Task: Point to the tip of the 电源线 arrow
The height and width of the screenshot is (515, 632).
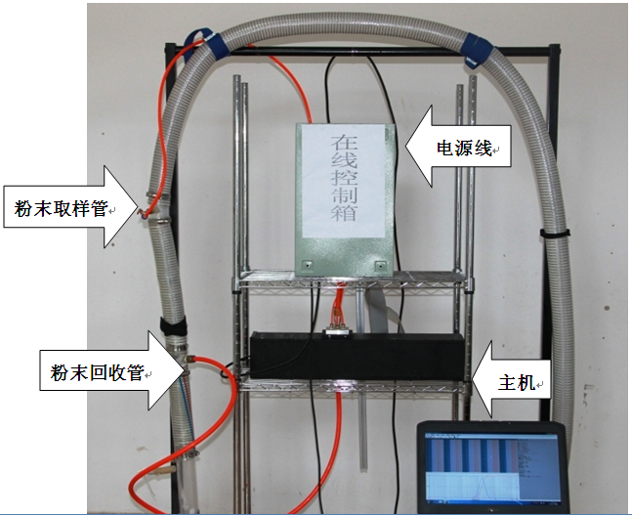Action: click(406, 149)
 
